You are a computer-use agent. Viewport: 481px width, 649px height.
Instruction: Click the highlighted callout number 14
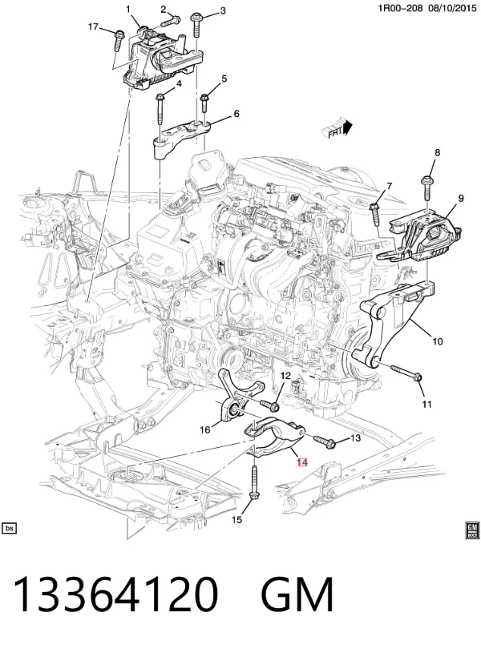302,462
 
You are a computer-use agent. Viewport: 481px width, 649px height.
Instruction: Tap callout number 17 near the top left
93,27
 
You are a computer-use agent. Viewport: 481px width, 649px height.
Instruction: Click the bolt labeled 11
405,372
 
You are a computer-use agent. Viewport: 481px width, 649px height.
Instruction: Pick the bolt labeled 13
325,441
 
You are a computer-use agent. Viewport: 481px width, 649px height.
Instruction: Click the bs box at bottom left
9,529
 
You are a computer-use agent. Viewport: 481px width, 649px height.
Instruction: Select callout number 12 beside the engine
286,376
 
